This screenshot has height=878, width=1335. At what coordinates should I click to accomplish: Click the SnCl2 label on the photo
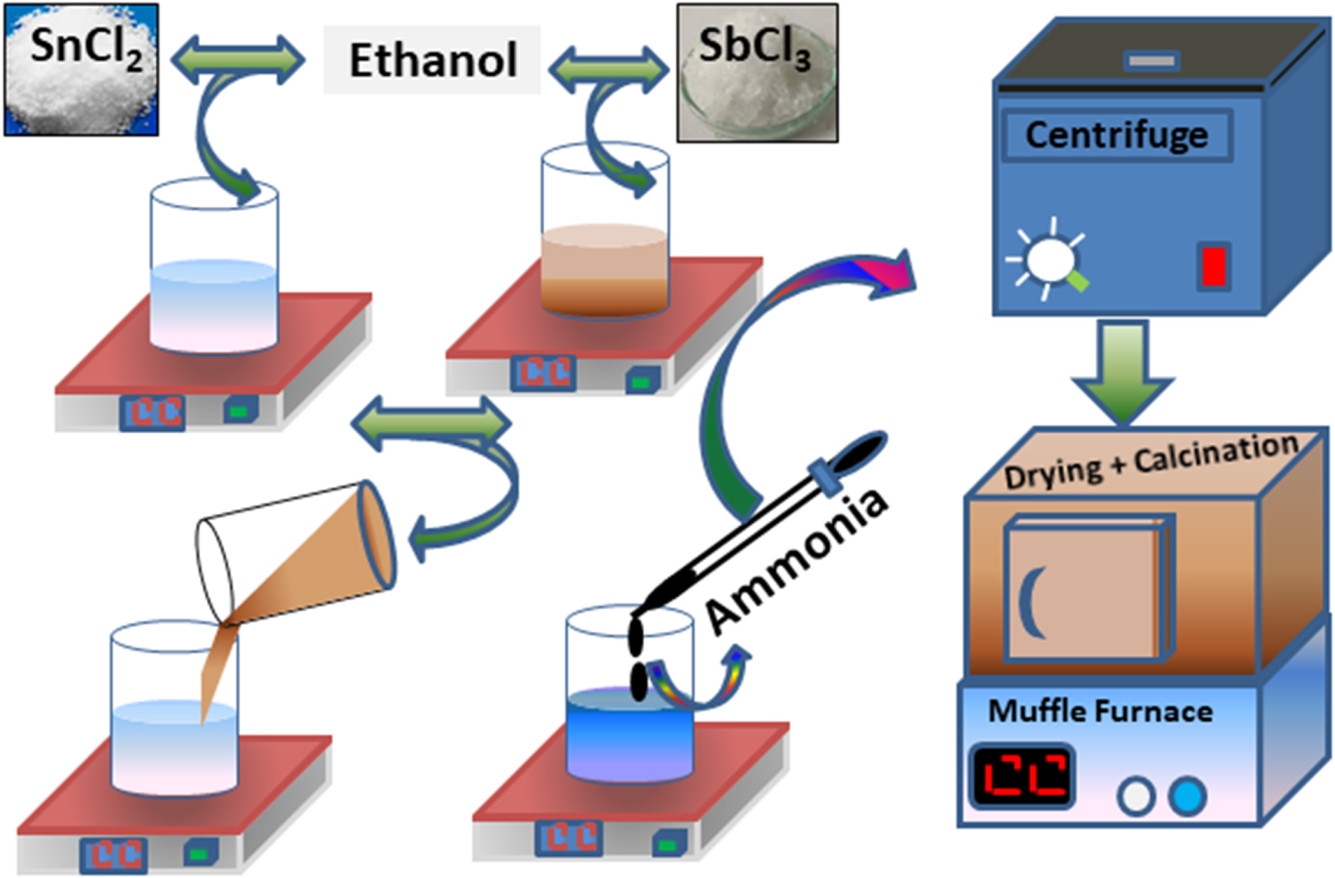click(x=85, y=47)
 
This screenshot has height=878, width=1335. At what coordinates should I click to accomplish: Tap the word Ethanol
click(x=432, y=60)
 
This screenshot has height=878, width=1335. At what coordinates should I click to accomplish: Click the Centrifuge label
click(x=1116, y=135)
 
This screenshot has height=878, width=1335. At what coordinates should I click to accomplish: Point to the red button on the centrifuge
click(x=1213, y=266)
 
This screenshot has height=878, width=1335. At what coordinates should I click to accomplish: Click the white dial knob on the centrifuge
click(x=1049, y=259)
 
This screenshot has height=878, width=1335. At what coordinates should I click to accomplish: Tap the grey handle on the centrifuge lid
click(x=1152, y=60)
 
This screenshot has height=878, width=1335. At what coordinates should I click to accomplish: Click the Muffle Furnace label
click(x=1100, y=711)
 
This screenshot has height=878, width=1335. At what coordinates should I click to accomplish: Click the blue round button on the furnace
click(x=1187, y=796)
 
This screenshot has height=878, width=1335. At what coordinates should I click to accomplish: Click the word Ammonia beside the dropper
click(x=796, y=559)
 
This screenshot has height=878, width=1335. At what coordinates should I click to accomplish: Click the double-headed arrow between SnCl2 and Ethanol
click(x=238, y=60)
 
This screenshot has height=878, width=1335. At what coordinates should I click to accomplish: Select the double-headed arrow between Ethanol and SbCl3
click(x=609, y=69)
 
